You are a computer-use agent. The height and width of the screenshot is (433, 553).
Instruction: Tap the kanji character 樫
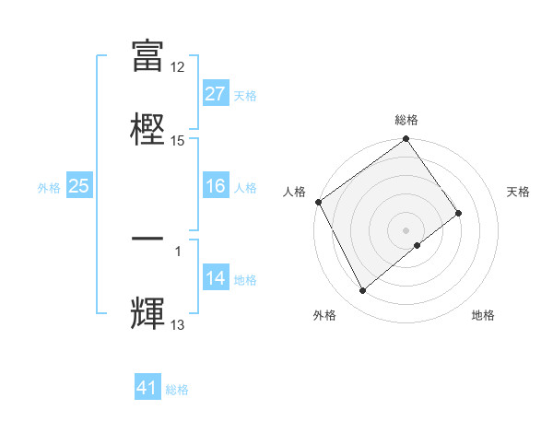(147, 128)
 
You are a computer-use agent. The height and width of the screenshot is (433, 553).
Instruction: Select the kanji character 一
(147, 238)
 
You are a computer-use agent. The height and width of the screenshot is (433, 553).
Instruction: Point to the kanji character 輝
(147, 312)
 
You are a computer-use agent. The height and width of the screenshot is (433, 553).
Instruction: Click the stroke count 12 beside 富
(178, 67)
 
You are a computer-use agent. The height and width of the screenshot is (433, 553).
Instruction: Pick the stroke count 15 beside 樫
(178, 140)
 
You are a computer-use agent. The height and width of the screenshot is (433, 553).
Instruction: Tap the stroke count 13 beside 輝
(178, 324)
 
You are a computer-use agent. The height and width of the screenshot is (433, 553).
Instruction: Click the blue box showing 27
(215, 94)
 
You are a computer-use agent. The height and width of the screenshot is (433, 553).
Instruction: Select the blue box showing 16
(215, 187)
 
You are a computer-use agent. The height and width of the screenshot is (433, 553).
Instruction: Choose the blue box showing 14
(215, 279)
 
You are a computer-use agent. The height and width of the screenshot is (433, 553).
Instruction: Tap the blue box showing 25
(78, 187)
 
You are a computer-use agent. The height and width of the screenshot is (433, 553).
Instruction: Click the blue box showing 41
(147, 389)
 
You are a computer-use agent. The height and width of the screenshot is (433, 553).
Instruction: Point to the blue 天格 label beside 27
(245, 95)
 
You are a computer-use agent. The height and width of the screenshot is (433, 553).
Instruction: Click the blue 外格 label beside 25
(49, 188)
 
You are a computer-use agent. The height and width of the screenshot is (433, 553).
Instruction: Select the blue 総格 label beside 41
(177, 390)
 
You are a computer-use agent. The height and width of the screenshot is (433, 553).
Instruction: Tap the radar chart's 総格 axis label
(406, 120)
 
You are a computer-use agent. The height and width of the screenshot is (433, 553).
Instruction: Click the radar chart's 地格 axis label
(483, 315)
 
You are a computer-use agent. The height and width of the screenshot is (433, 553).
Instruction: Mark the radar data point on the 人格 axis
(318, 202)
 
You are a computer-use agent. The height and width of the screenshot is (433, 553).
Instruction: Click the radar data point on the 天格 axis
(458, 214)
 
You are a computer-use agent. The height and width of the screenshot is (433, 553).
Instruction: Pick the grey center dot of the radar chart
(406, 229)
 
